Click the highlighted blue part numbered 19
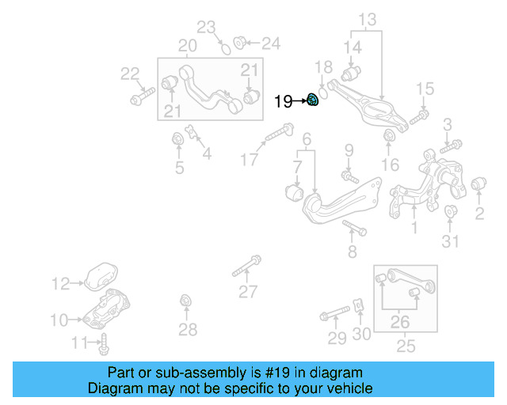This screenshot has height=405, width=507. click(x=313, y=100)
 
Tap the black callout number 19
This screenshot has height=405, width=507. click(x=283, y=101)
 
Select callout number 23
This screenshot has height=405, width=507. click(x=206, y=28)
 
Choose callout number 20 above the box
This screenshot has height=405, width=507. click(x=187, y=46)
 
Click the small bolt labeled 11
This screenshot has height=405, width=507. click(x=104, y=344)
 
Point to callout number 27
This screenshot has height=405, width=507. click(x=248, y=292)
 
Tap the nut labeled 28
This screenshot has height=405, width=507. click(x=186, y=301)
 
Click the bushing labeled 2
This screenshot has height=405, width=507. click(x=478, y=186)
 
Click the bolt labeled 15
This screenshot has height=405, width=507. click(x=419, y=115)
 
